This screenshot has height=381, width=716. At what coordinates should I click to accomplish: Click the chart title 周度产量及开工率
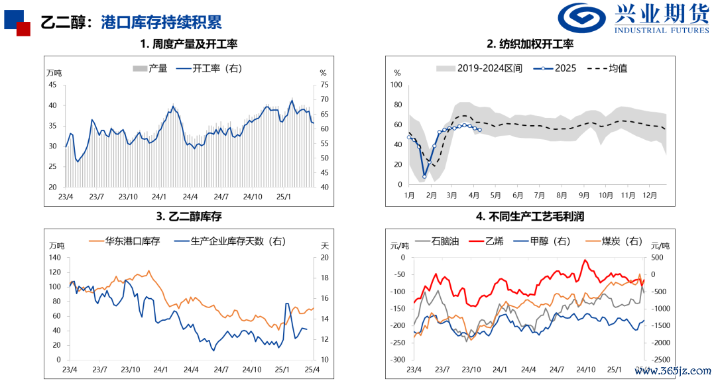[x=188, y=44]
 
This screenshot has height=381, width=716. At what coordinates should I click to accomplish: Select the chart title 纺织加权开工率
[x=530, y=44]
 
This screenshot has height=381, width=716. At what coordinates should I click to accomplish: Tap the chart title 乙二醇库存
[x=188, y=216]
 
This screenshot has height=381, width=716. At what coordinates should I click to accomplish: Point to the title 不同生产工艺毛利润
[x=530, y=216]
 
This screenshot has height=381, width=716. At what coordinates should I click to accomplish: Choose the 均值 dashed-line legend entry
[x=607, y=68]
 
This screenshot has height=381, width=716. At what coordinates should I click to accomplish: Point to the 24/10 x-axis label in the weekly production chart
[x=253, y=197]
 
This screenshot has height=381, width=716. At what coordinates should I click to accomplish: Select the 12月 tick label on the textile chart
[x=649, y=195]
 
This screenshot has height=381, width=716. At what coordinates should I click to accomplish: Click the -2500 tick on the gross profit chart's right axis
[x=660, y=360]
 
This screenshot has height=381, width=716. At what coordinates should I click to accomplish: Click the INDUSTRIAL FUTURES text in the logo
[x=661, y=30]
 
